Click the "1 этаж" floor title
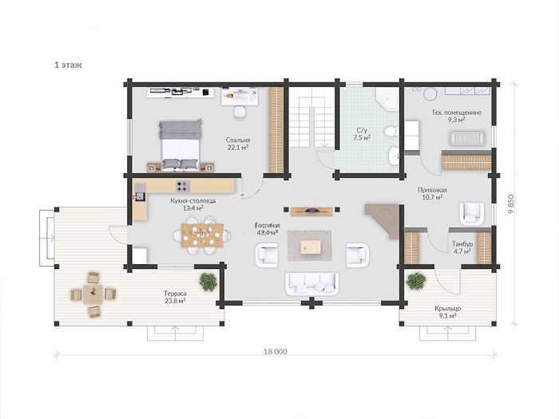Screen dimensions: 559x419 68,65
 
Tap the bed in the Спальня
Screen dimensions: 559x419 180,145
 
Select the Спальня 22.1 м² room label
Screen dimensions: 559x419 238,144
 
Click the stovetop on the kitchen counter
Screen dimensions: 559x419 183,186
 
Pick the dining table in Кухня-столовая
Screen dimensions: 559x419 202,235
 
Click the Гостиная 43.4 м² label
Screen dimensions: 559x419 268,229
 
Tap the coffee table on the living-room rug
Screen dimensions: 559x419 311,247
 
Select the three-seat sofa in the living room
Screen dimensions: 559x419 311,284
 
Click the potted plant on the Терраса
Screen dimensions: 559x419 208,282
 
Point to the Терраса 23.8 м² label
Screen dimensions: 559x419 175,297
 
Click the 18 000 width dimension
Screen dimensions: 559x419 276,352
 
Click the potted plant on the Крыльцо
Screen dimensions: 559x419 416,281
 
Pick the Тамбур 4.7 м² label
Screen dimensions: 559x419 462,247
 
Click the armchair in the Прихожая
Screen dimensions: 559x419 472,214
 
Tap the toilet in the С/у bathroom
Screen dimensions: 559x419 391,132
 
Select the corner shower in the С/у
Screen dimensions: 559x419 387,99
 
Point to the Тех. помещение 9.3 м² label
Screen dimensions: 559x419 456,117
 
